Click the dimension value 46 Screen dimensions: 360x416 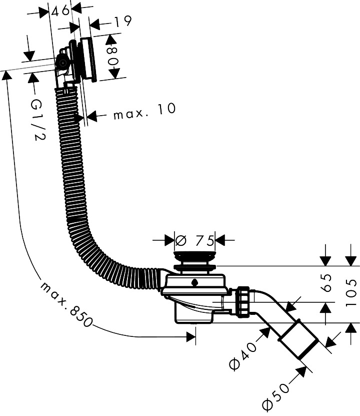(x=60, y=11)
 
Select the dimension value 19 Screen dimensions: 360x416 (x=122, y=22)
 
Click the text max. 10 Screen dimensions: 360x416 (x=144, y=112)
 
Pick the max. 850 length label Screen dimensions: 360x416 (x=66, y=304)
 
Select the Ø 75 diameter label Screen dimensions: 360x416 (x=194, y=241)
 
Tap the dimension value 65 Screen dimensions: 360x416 (x=327, y=283)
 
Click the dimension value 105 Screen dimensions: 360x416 (x=351, y=292)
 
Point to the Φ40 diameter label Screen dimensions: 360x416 (x=243, y=355)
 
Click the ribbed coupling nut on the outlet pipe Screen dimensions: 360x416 (x=242, y=301)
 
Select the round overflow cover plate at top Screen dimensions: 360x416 (x=89, y=60)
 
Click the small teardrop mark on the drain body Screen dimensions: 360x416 (x=194, y=282)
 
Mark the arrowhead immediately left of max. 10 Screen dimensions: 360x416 (x=91, y=116)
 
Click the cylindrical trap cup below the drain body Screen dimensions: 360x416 (x=194, y=313)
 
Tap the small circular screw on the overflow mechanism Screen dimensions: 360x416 (x=63, y=63)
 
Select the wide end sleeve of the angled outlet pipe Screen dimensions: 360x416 (x=298, y=340)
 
